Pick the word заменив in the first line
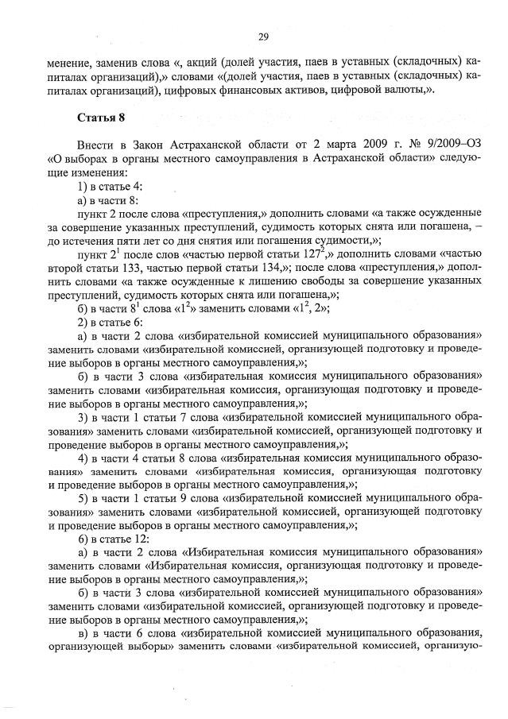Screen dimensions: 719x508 114,60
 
